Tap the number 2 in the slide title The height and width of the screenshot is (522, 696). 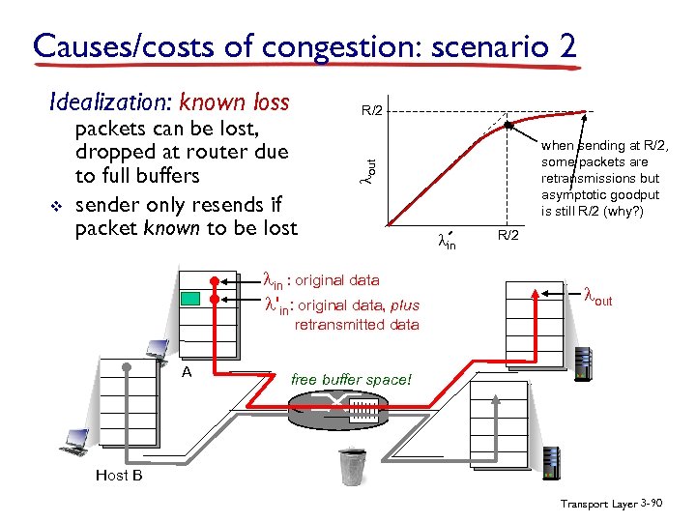[x=566, y=45]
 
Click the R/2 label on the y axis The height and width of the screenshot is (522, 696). [x=372, y=110]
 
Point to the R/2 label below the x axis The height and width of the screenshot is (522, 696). [x=508, y=236]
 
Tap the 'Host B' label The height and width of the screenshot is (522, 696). [x=119, y=475]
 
